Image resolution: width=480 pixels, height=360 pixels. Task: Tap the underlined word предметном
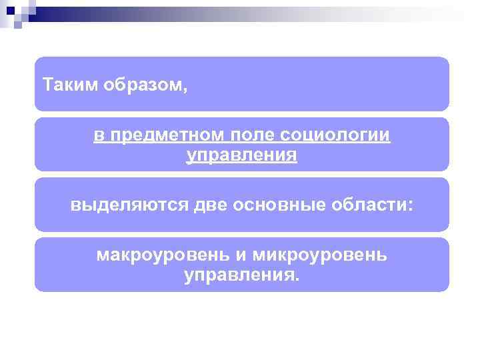(x=166, y=135)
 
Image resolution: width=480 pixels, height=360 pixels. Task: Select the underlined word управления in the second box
(x=241, y=156)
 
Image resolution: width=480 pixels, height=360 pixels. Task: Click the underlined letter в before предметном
(x=98, y=135)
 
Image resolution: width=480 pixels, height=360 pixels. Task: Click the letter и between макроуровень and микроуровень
(x=241, y=256)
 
